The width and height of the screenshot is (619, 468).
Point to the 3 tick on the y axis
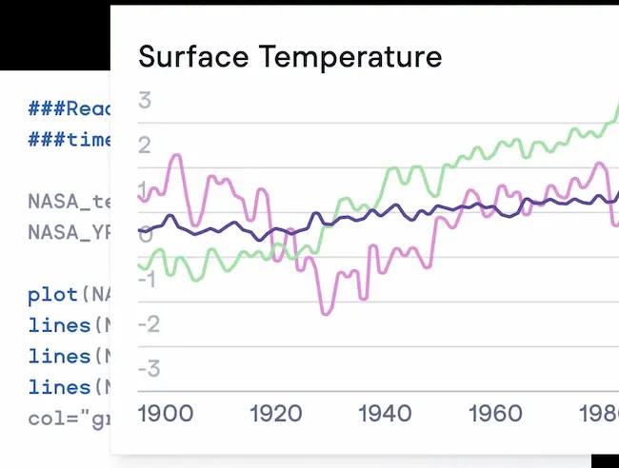tap(145, 100)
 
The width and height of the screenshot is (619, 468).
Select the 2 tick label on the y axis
tap(145, 146)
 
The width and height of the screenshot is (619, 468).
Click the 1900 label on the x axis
tap(166, 414)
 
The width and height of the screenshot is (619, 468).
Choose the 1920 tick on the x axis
tap(275, 414)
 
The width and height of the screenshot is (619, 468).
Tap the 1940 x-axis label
tap(385, 414)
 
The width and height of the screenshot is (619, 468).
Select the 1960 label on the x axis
tap(494, 414)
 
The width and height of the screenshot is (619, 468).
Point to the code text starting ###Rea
tap(70, 107)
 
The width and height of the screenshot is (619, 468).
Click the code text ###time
tap(70, 140)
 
